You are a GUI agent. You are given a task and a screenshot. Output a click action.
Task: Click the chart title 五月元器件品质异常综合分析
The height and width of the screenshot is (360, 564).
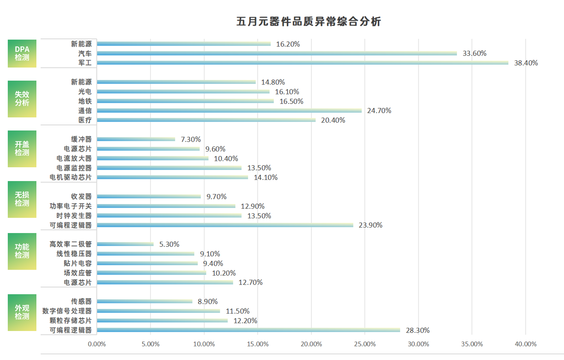(309, 22)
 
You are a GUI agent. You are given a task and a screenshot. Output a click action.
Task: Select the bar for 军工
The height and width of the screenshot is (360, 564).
(302, 63)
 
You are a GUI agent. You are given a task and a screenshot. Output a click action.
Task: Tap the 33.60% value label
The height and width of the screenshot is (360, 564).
(474, 53)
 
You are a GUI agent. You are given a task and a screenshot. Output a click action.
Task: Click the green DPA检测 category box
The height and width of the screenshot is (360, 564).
(22, 53)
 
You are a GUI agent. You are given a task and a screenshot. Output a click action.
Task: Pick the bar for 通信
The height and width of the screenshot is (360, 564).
(229, 111)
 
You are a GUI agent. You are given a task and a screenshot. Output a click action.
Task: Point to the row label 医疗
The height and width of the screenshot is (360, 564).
(85, 120)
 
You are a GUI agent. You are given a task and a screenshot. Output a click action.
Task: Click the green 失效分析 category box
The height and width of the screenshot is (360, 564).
(22, 99)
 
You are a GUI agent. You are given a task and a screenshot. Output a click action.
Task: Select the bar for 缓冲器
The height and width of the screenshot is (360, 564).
(136, 139)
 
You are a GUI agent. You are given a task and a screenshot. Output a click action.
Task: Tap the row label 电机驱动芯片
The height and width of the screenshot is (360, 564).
(70, 178)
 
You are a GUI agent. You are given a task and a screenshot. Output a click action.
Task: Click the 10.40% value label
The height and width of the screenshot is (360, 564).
(226, 158)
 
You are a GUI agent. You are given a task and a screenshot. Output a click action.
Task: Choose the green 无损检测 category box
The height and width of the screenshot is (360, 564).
(22, 199)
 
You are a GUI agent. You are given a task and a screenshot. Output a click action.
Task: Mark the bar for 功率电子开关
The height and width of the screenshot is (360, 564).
(166, 206)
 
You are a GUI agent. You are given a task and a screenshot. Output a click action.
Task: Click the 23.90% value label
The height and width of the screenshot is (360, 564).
(370, 225)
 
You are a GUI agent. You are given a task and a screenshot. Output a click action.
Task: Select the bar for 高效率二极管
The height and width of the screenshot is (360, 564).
(125, 244)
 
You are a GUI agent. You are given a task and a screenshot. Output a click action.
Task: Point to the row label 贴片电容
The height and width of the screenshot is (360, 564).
(77, 263)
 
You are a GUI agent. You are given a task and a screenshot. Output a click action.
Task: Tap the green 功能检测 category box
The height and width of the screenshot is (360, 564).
(22, 251)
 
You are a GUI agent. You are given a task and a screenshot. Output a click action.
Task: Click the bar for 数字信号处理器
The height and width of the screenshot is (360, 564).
(158, 311)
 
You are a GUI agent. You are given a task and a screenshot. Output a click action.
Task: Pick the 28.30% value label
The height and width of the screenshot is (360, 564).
(418, 330)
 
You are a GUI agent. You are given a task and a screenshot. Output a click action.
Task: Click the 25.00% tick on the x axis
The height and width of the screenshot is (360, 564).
(365, 344)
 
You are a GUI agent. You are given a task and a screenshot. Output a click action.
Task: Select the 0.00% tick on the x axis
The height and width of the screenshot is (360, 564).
(97, 344)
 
